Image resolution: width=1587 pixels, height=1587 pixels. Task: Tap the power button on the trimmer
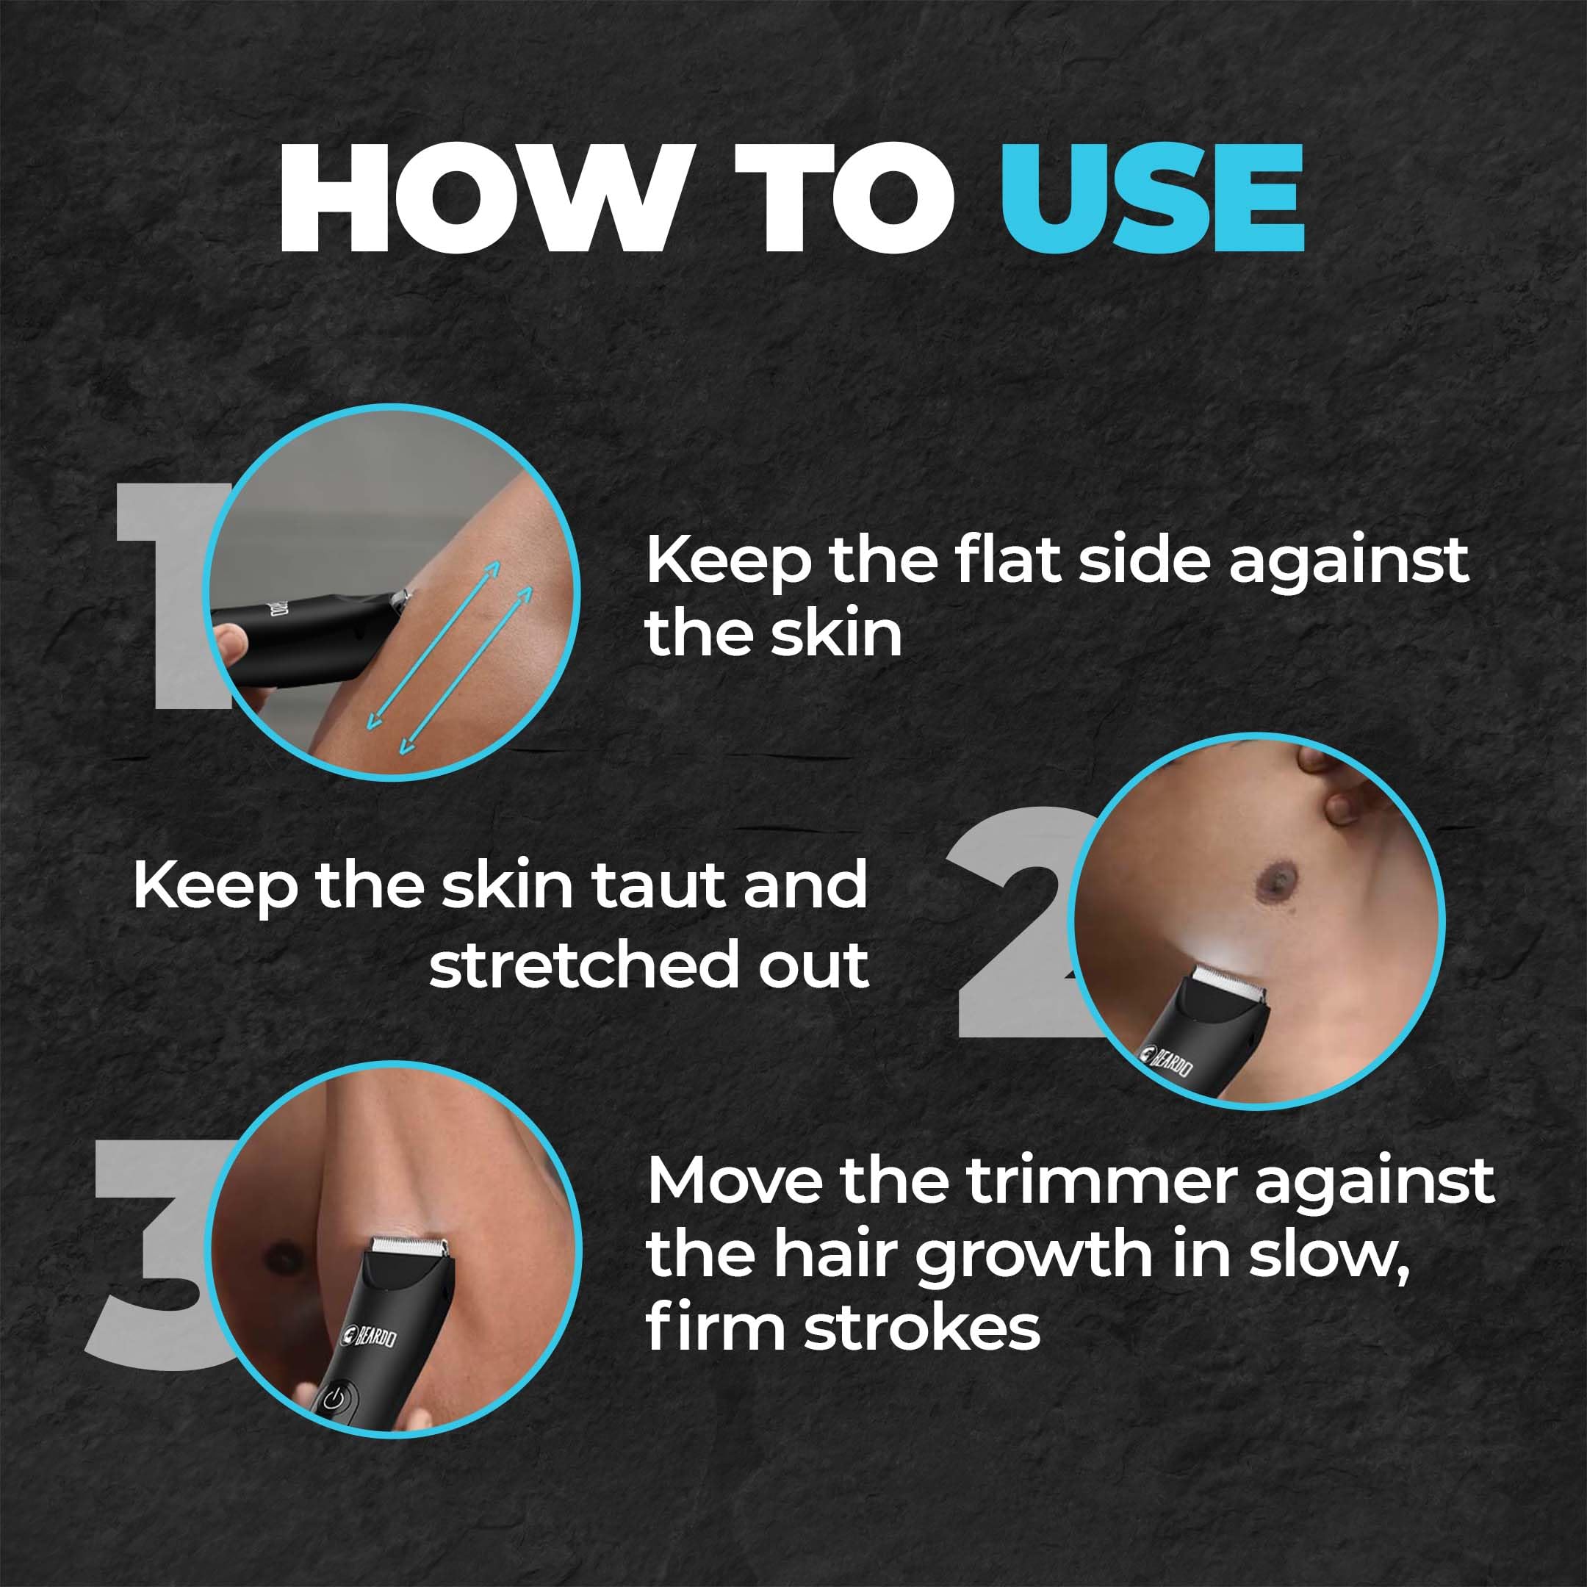(332, 1398)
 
